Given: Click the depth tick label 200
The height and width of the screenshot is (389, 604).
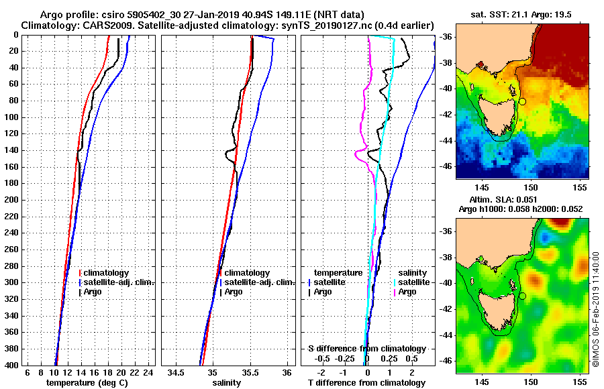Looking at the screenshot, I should tap(11, 200).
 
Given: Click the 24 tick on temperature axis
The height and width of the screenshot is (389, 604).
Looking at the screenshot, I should tap(148, 372).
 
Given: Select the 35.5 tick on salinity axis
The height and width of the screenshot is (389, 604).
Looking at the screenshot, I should tap(250, 372).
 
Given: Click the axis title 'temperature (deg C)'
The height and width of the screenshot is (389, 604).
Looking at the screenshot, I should tap(87, 383).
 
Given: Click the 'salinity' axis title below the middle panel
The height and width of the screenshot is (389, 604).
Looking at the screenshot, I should tap(227, 383).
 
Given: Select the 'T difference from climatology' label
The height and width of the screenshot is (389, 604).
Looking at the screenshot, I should tap(366, 383).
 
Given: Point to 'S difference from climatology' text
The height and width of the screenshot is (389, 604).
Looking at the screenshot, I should tap(366, 349).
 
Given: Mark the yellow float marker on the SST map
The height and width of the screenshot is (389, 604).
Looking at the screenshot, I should tap(521, 101).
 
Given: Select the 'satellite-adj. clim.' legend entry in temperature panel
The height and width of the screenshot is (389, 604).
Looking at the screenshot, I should tap(119, 282).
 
